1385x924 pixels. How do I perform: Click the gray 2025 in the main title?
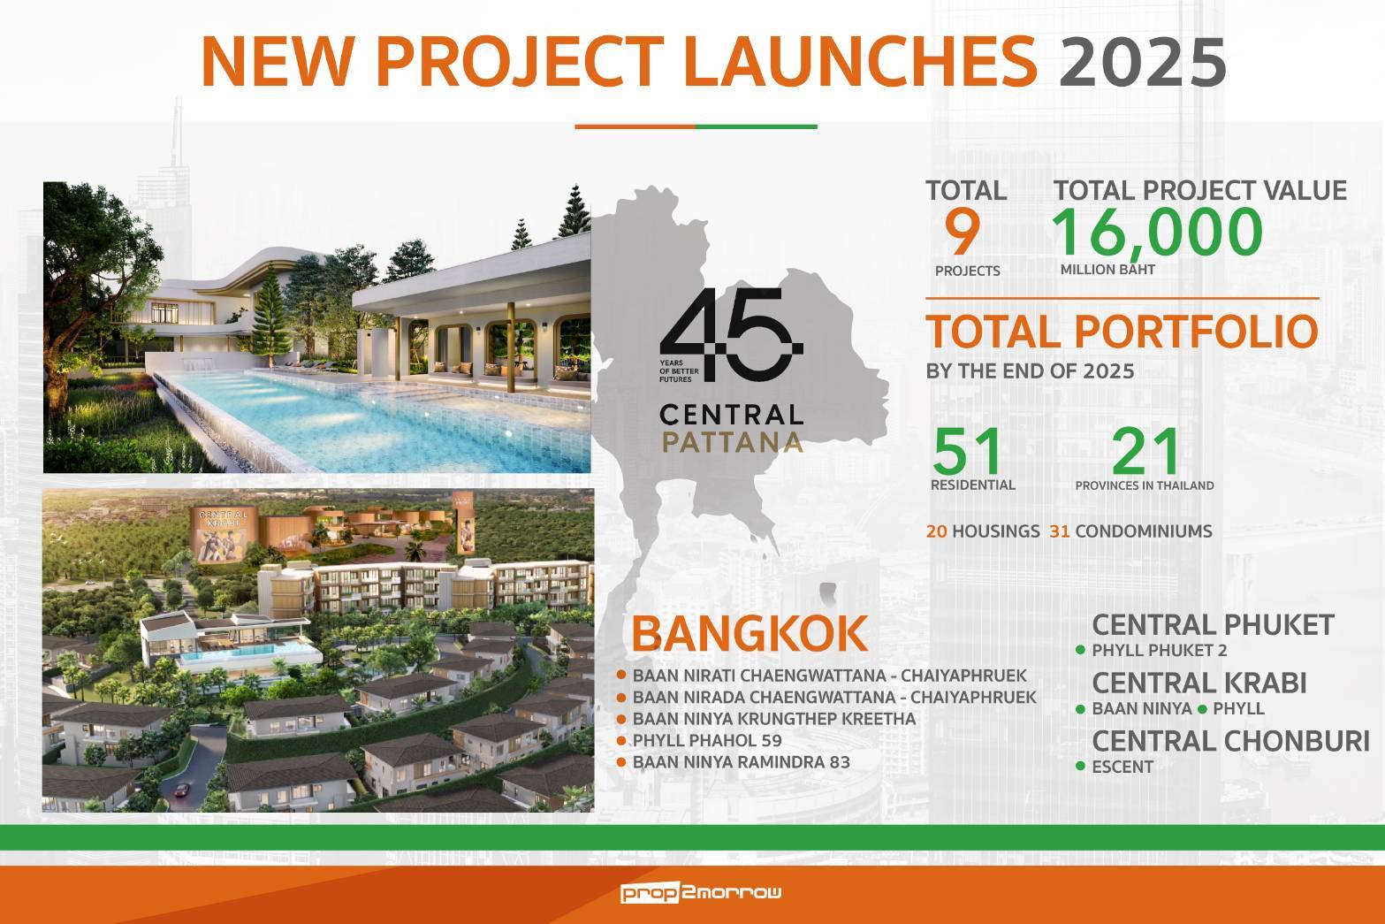pyautogui.click(x=1143, y=62)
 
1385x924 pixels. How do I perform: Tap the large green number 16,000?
pyautogui.click(x=1157, y=233)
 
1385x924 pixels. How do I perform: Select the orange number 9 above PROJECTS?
pyautogui.click(x=963, y=233)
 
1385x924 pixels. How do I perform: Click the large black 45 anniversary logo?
pyautogui.click(x=732, y=334)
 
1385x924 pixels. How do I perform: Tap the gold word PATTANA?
pyautogui.click(x=732, y=442)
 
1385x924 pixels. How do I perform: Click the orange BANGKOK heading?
pyautogui.click(x=750, y=633)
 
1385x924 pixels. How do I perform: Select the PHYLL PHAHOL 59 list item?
pyautogui.click(x=707, y=740)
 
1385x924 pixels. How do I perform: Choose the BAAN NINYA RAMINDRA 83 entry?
pyautogui.click(x=742, y=762)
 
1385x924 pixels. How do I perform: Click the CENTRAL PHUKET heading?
pyautogui.click(x=1214, y=625)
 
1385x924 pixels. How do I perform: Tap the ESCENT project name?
pyautogui.click(x=1122, y=767)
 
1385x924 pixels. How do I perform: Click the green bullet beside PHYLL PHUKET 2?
pyautogui.click(x=1080, y=650)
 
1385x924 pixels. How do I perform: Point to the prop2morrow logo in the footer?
pyautogui.click(x=701, y=892)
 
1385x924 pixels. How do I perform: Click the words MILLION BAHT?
pyautogui.click(x=1107, y=270)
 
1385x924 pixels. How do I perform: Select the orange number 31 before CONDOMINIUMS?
pyautogui.click(x=1060, y=531)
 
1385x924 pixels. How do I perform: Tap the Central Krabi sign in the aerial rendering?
pyautogui.click(x=224, y=534)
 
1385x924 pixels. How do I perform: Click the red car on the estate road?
pyautogui.click(x=182, y=790)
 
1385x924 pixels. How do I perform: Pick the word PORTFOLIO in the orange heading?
pyautogui.click(x=1197, y=332)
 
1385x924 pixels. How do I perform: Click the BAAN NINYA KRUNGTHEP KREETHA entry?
pyautogui.click(x=774, y=719)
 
